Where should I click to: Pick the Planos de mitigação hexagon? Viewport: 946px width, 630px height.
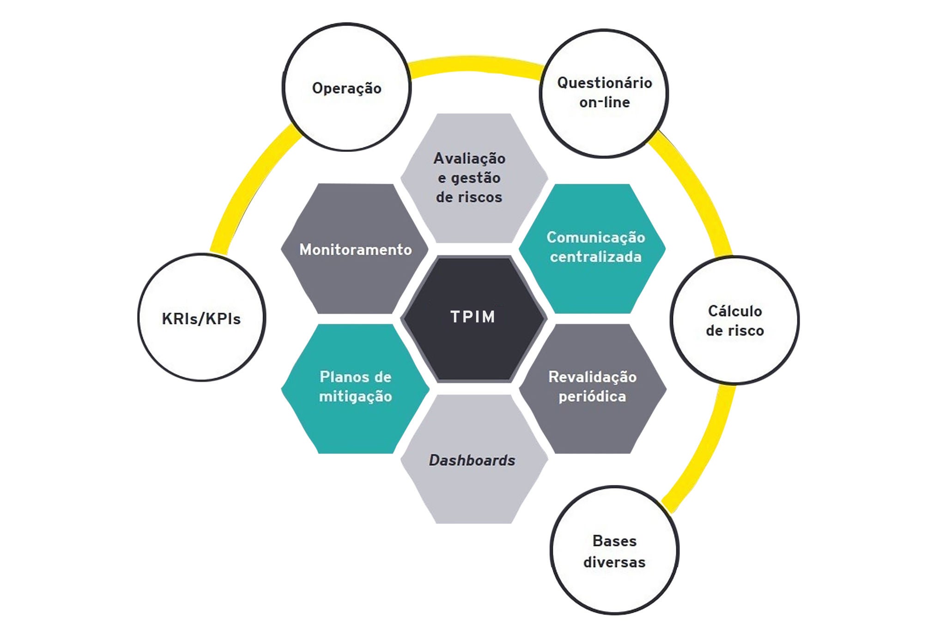click(x=355, y=388)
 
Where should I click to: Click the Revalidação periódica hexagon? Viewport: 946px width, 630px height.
click(x=593, y=388)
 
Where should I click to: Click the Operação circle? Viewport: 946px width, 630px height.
click(x=346, y=88)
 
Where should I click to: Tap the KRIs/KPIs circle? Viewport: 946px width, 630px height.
click(x=202, y=318)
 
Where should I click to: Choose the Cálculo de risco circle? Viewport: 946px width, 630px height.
click(x=734, y=320)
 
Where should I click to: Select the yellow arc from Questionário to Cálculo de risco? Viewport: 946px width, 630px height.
click(x=697, y=194)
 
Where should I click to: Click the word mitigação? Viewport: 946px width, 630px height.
click(x=355, y=396)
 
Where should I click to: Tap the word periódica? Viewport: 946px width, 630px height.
click(x=592, y=396)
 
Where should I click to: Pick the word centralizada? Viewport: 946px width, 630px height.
click(x=595, y=257)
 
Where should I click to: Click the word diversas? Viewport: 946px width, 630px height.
click(x=614, y=562)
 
